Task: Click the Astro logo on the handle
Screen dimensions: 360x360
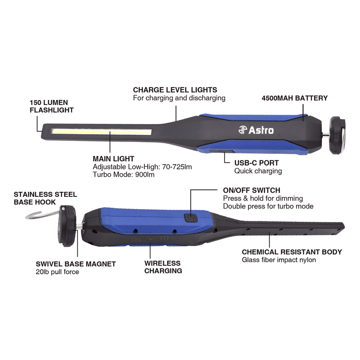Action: click(256, 130)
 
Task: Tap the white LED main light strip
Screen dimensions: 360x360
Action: click(101, 132)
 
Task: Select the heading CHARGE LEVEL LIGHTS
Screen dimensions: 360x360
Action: click(175, 90)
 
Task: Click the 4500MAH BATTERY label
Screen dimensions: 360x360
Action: click(294, 98)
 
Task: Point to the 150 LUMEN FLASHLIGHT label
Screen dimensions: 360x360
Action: click(52, 106)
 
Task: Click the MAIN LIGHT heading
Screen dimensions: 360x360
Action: click(113, 158)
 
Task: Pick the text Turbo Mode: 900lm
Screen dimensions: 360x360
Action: click(124, 174)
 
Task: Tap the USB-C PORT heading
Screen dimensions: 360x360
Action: click(256, 163)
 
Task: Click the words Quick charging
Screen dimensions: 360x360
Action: click(258, 171)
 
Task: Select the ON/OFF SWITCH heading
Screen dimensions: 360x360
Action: click(252, 190)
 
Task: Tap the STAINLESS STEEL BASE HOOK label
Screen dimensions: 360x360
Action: click(45, 198)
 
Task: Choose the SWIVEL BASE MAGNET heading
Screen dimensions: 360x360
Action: click(76, 264)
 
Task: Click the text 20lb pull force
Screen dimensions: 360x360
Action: click(57, 272)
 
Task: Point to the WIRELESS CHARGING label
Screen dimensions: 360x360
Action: click(163, 267)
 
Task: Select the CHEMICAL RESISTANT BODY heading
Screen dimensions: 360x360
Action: click(292, 252)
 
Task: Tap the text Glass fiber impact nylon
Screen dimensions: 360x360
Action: click(279, 260)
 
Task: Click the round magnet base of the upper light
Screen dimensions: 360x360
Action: click(337, 135)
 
